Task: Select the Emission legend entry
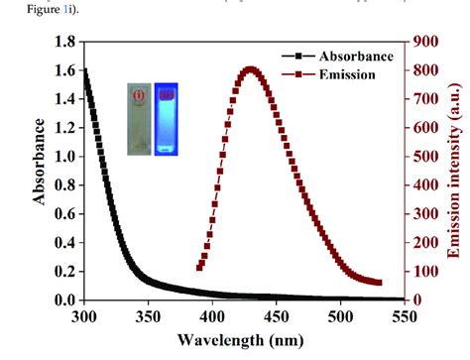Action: pyautogui.click(x=332, y=74)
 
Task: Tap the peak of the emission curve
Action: pyautogui.click(x=250, y=69)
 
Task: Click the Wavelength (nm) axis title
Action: pyautogui.click(x=242, y=339)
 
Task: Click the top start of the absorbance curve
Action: pyautogui.click(x=83, y=71)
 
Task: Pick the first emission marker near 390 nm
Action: pyautogui.click(x=199, y=267)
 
